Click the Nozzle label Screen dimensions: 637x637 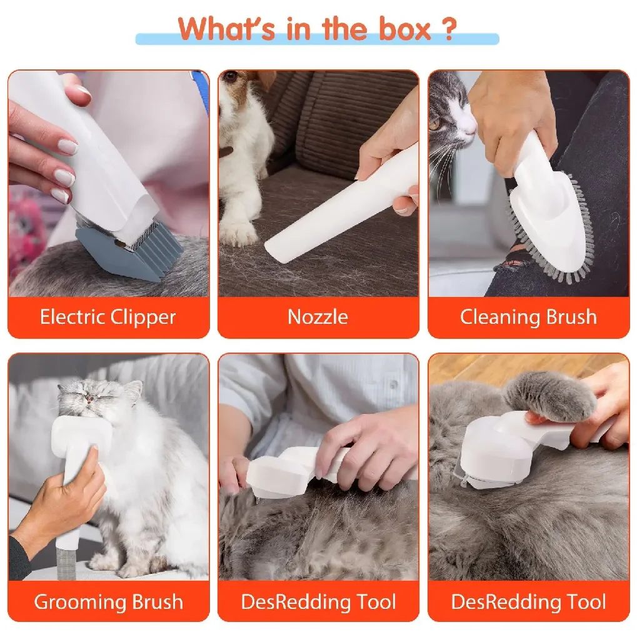pyautogui.click(x=318, y=317)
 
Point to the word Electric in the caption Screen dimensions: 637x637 pyautogui.click(x=72, y=317)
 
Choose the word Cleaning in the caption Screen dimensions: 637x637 pyautogui.click(x=494, y=317)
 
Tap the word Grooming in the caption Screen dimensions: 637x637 pyautogui.click(x=72, y=602)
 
